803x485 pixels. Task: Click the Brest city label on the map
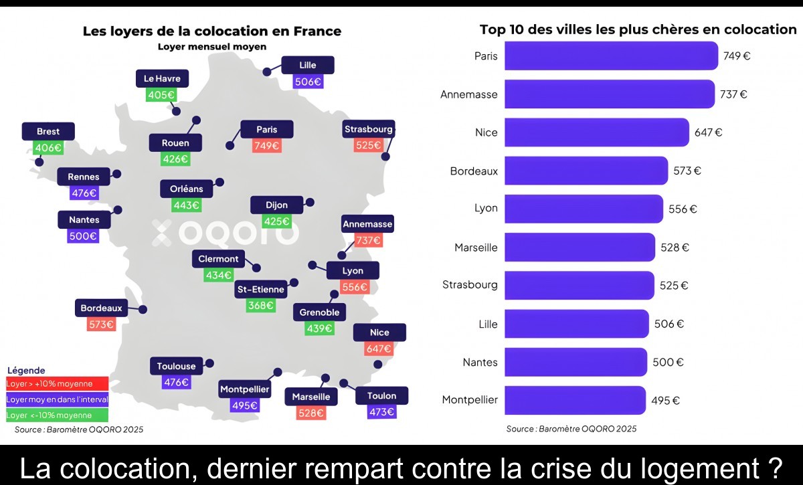tap(48, 132)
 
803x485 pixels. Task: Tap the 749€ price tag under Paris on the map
tap(266, 145)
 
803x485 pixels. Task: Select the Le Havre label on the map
tap(162, 79)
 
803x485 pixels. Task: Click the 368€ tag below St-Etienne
tap(260, 305)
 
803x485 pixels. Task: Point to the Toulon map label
tap(381, 395)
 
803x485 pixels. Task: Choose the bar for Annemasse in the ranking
tap(610, 94)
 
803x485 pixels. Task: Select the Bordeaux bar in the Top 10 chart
tap(586, 171)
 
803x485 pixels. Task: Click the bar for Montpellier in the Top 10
tap(575, 400)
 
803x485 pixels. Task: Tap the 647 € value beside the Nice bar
tap(708, 132)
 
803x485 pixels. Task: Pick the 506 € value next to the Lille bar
tap(668, 324)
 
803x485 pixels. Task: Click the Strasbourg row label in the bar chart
tap(470, 285)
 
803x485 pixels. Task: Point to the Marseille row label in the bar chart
tap(476, 248)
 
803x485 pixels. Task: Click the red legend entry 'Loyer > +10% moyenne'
tap(58, 384)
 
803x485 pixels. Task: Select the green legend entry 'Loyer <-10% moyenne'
tap(58, 415)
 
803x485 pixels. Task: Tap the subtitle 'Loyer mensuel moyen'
tap(212, 47)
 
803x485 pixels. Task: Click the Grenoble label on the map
tap(319, 312)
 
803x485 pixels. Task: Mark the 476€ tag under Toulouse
tap(177, 382)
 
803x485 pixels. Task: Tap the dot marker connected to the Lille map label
tap(267, 70)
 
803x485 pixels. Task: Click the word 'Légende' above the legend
tap(26, 370)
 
